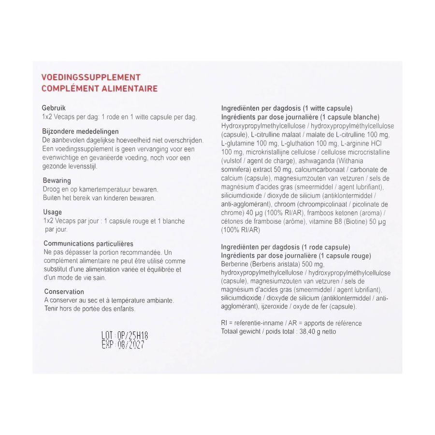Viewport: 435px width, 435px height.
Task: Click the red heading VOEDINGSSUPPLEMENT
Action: [x=91, y=77]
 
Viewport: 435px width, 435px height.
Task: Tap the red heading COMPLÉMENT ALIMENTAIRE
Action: [x=99, y=88]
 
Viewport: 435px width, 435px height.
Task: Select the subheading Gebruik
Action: [x=54, y=108]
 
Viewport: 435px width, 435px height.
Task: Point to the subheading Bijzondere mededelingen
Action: [x=81, y=131]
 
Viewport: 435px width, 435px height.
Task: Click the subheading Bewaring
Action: [x=57, y=181]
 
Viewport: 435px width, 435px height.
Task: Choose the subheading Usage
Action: [x=53, y=212]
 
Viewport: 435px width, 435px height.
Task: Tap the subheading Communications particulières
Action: [x=88, y=244]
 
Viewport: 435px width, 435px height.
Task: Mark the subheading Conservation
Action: [x=64, y=291]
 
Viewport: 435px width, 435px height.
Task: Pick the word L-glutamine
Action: [x=237, y=143]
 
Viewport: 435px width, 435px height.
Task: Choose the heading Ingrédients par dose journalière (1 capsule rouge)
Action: [x=295, y=256]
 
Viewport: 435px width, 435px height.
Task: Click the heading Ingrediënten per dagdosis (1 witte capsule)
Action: [x=286, y=108]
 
